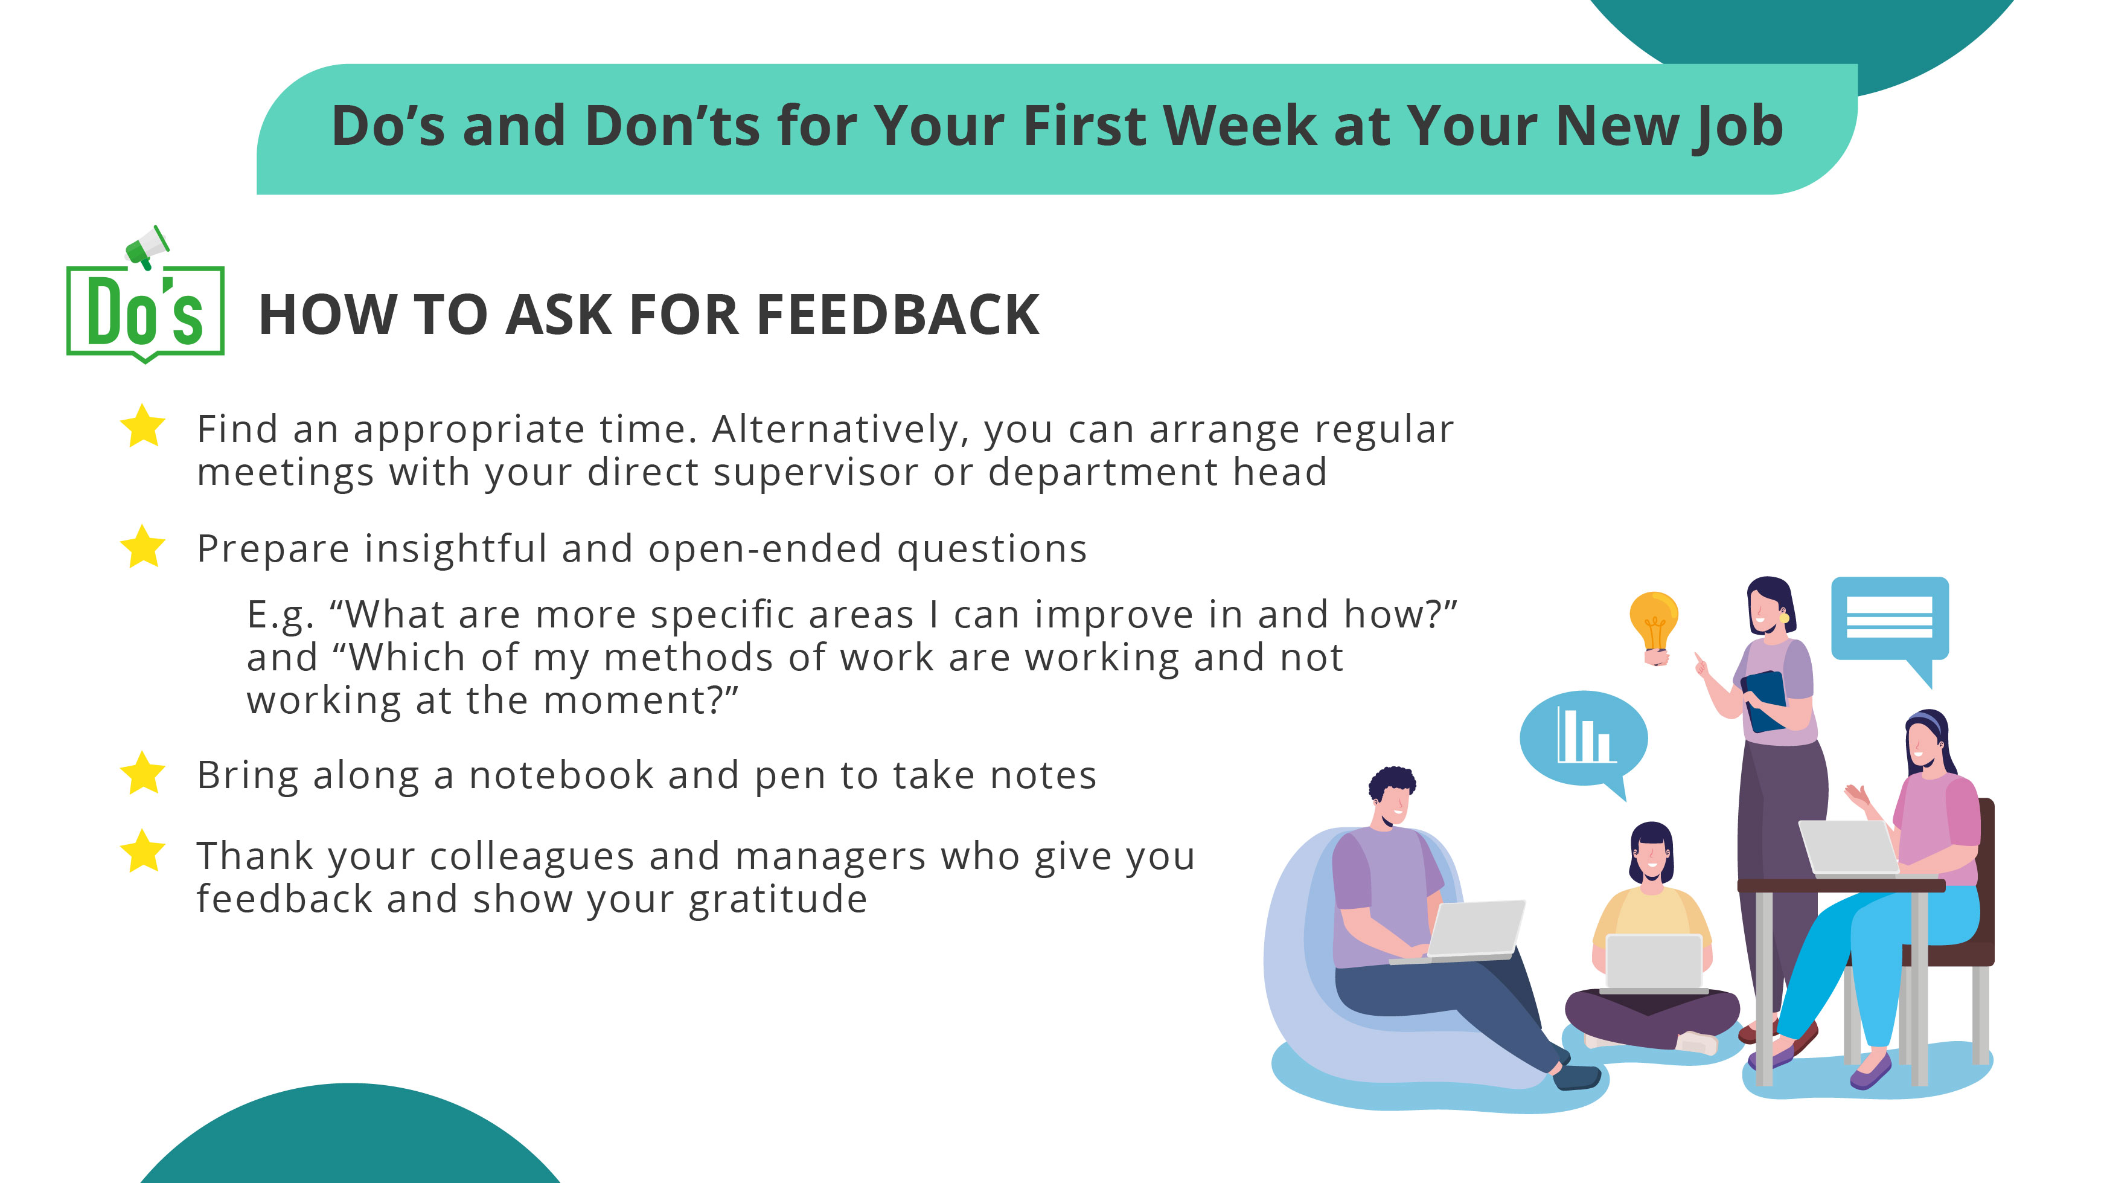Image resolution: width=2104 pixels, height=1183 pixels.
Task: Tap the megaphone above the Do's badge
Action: point(147,247)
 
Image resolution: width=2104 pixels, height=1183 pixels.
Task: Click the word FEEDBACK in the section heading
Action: point(898,315)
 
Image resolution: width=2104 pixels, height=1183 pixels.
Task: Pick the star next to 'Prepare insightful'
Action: point(143,547)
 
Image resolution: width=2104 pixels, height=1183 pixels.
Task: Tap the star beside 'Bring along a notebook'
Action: point(143,773)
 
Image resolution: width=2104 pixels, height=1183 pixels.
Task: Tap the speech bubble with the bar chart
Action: point(1583,738)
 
